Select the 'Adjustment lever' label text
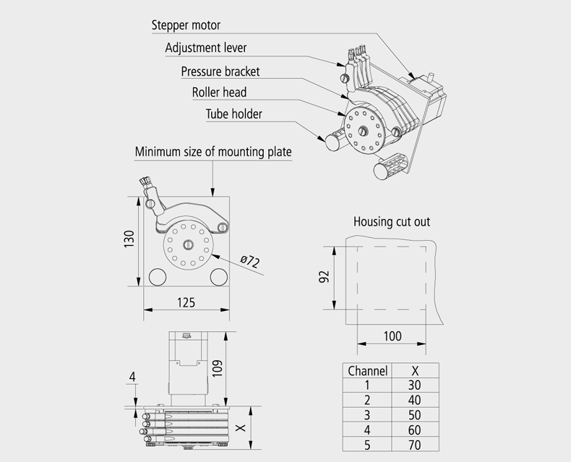(x=206, y=48)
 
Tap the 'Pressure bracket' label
(x=220, y=71)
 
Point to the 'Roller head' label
(x=219, y=92)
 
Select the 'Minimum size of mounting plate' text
(x=213, y=152)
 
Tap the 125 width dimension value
(x=186, y=303)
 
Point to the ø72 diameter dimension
(x=249, y=262)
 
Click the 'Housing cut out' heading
(x=392, y=221)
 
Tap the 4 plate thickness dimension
(x=132, y=376)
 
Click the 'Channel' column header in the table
(x=368, y=370)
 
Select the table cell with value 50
(x=414, y=415)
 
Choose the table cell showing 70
(x=414, y=445)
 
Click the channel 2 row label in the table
(x=367, y=400)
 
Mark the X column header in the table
(x=414, y=370)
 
